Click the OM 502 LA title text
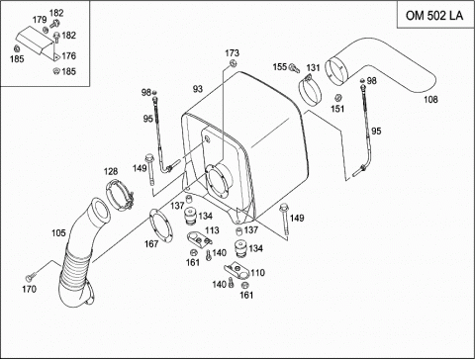434,16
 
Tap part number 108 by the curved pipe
430,99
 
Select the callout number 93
198,89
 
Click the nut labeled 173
233,63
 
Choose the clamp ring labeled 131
310,91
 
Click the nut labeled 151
337,98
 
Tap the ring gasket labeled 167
160,225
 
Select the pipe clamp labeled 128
120,195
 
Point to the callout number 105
58,233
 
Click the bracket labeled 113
199,238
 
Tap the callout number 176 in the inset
68,55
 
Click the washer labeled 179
46,30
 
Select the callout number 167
151,244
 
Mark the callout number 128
111,171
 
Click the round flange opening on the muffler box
218,182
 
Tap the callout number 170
29,289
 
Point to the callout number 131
313,67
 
